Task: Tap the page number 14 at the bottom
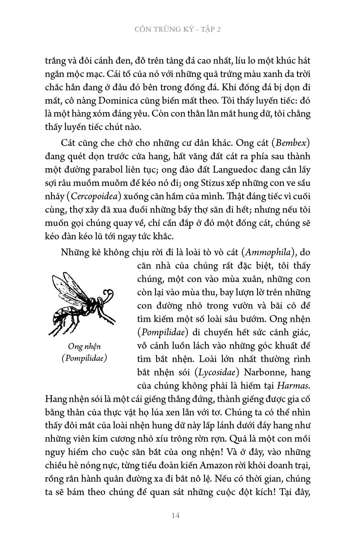[176, 515]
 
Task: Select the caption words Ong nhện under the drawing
[84, 346]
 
